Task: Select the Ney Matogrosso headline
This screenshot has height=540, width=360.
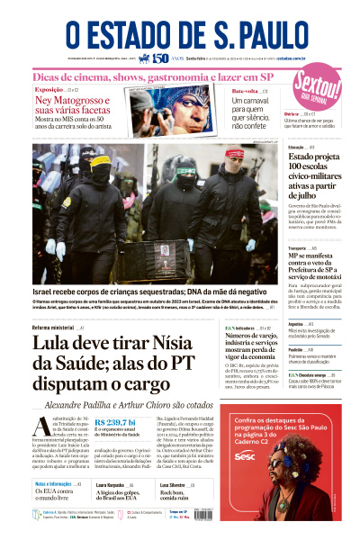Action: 74,106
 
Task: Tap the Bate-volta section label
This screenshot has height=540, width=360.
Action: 246,91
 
